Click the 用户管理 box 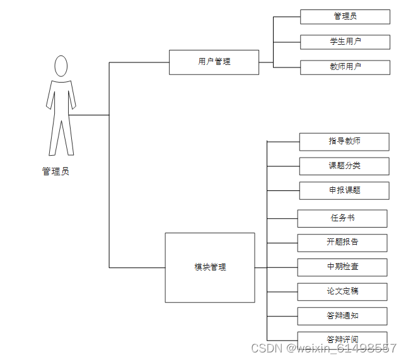(x=214, y=62)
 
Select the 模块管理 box (x=210, y=267)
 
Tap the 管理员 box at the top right (x=345, y=16)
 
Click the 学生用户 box (x=345, y=42)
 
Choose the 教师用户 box (x=345, y=67)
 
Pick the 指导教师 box (x=344, y=141)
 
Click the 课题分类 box (x=344, y=166)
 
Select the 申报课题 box (x=344, y=190)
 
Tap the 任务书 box (x=342, y=218)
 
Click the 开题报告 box (x=342, y=242)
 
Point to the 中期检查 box (x=342, y=267)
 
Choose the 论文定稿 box (x=342, y=291)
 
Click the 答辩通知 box (x=342, y=315)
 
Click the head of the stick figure (x=61, y=66)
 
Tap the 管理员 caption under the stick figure (x=55, y=171)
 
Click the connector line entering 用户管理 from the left (x=139, y=62)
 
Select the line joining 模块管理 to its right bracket (x=261, y=267)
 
